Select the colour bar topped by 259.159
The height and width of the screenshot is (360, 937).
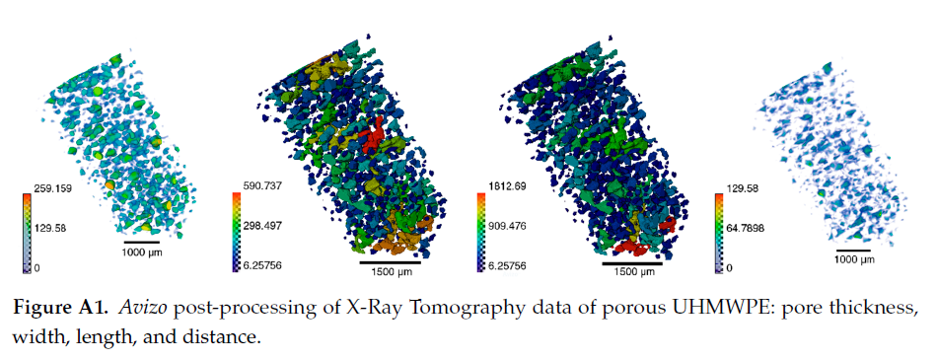click(27, 228)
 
